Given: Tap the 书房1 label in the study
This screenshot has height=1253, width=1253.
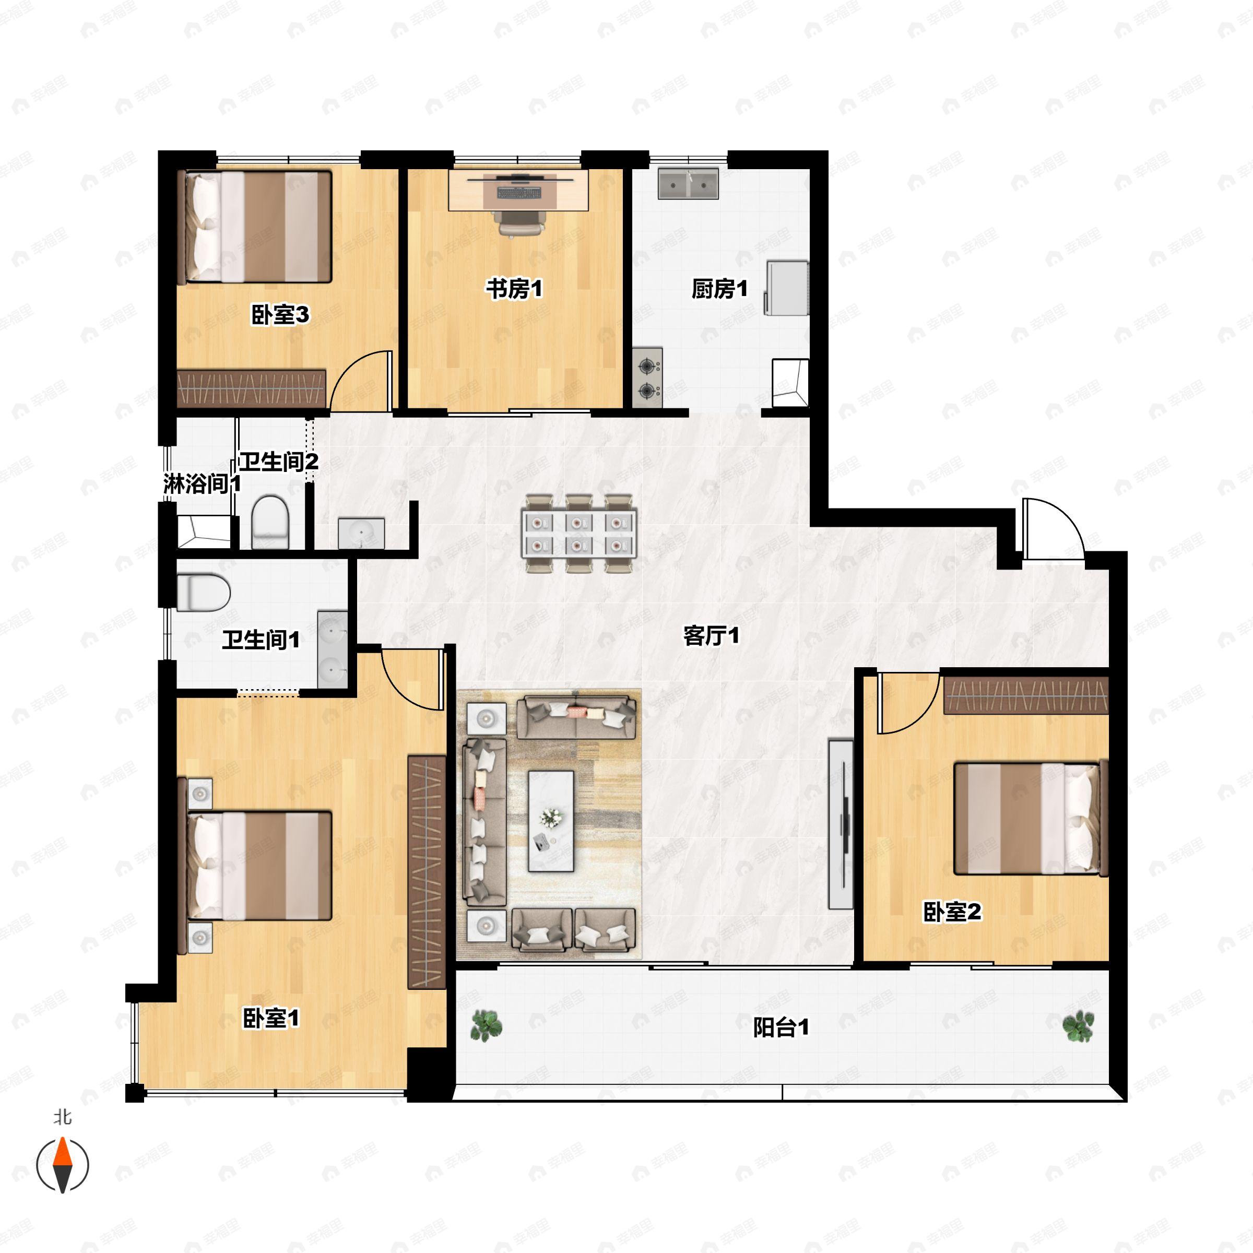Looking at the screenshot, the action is click(x=514, y=289).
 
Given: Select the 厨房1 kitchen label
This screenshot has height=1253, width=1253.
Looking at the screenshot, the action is click(x=719, y=289).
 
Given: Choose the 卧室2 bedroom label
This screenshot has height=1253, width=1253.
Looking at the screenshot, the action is click(x=952, y=912).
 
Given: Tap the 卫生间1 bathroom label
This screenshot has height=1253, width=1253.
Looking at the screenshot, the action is click(x=261, y=640).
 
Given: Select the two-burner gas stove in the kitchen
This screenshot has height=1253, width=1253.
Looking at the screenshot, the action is click(x=647, y=377).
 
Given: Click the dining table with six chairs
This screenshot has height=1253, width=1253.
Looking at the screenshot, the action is click(x=578, y=533).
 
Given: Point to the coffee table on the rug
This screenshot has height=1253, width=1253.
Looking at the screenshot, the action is click(x=551, y=820).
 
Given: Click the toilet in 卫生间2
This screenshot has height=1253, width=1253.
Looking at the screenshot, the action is click(x=269, y=522).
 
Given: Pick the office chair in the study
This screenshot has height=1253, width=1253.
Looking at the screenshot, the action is click(x=519, y=222).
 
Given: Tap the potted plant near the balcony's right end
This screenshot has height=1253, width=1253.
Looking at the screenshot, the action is click(x=1078, y=1026).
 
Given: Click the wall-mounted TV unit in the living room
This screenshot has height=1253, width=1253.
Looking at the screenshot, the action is click(x=841, y=824).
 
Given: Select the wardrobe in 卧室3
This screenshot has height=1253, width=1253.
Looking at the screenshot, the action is click(x=252, y=388).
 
